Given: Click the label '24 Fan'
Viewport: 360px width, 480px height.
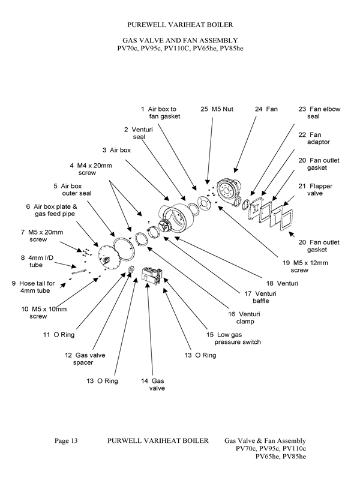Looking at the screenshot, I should coord(266,109).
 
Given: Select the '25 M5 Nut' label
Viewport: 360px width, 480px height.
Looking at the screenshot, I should coord(214,109).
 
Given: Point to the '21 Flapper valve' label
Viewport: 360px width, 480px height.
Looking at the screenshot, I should coord(319,190).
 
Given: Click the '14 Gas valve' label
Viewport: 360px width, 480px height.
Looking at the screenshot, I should coord(152,385).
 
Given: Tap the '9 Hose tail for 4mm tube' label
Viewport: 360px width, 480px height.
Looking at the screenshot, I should coord(32,287).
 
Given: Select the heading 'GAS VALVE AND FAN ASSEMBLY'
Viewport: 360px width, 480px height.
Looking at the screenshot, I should coord(180,40).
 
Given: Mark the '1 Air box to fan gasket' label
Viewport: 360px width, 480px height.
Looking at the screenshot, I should coord(161,113).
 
